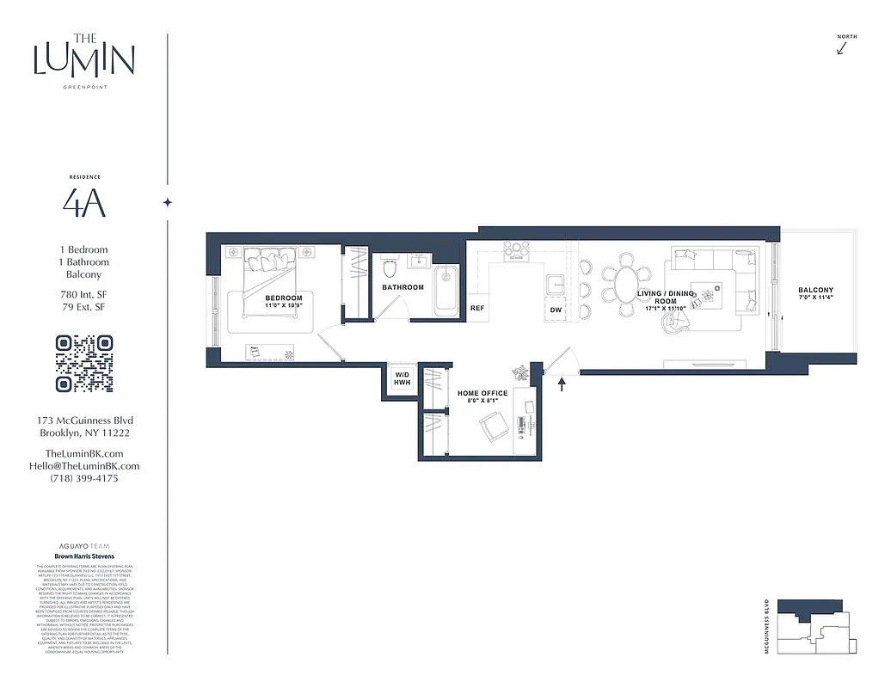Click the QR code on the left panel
(x=83, y=363)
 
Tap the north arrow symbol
(x=841, y=47)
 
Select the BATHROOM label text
(x=402, y=287)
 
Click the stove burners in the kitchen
(x=515, y=249)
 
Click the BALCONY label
(x=814, y=291)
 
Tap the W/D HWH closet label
(x=402, y=378)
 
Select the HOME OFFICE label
(x=482, y=393)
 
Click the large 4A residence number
(x=84, y=203)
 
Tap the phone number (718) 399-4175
(x=84, y=478)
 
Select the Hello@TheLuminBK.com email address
(x=84, y=466)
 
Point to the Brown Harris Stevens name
(x=84, y=556)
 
